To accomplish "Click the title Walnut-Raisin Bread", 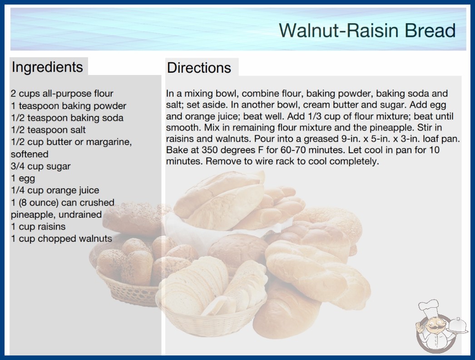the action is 367,30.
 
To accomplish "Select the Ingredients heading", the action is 47,67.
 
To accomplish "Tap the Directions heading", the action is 199,68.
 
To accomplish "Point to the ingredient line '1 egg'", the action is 23,178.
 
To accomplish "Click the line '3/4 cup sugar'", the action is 40,166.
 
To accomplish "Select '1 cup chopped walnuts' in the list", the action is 61,239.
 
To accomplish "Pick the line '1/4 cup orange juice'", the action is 55,190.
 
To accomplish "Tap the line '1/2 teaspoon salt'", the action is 48,130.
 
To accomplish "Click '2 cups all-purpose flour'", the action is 62,94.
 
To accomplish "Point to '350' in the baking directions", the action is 210,150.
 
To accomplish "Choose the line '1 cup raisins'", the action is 38,226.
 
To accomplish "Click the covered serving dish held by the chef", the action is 457,325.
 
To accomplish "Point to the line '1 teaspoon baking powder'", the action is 69,106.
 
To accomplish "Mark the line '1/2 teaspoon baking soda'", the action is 67,118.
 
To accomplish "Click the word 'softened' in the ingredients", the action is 30,154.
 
